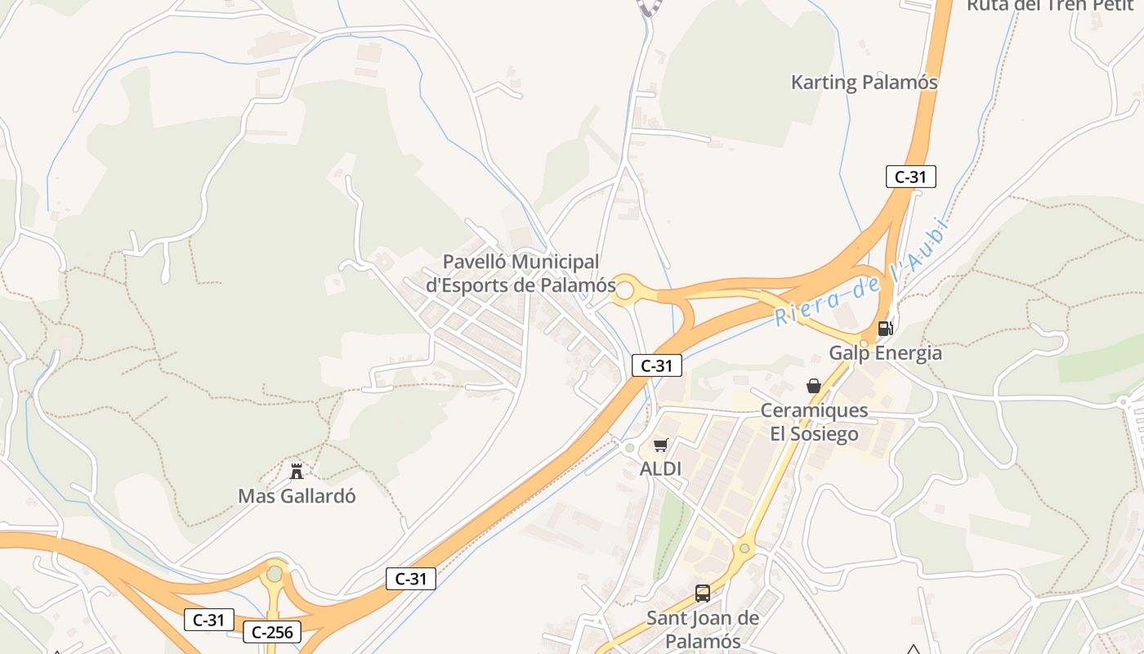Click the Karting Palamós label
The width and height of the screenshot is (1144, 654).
tap(864, 83)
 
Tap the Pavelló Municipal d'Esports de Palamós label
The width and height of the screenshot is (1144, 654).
tap(521, 273)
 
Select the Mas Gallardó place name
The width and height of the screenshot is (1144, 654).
tap(297, 496)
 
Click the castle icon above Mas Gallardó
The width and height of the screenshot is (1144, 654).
tap(297, 472)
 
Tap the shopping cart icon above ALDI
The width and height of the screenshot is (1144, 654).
tap(660, 446)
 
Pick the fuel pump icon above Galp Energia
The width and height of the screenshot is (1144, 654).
tap(884, 329)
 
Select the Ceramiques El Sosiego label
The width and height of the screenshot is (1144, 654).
tap(814, 421)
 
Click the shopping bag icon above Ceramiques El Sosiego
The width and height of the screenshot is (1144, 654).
tap(814, 386)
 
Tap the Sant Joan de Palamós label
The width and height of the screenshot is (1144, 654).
tap(703, 629)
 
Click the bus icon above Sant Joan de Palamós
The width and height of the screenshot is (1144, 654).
tap(702, 594)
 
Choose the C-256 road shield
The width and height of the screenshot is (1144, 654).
tap(272, 632)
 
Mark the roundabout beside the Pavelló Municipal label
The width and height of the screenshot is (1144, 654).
tap(625, 289)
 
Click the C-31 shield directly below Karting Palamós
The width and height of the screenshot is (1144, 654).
tap(910, 176)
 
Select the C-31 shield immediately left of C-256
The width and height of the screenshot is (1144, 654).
tap(208, 620)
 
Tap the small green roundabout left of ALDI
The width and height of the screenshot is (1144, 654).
tap(628, 448)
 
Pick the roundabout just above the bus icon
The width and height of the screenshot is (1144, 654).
tap(744, 548)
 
